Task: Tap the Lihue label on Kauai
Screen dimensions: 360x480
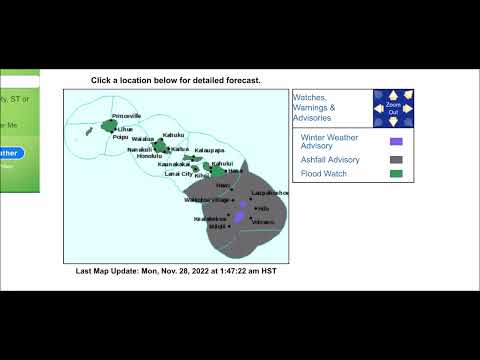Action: click(125, 129)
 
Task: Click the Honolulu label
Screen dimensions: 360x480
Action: click(148, 156)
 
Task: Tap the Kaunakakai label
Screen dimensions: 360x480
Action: click(175, 164)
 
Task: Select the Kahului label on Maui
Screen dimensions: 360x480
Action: click(222, 163)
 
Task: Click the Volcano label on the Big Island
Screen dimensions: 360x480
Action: click(263, 221)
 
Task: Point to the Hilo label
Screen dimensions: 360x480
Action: click(263, 208)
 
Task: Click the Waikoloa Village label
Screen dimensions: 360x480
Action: click(207, 199)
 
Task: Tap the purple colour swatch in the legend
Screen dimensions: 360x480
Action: click(396, 142)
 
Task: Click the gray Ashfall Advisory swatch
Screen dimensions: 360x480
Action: click(396, 159)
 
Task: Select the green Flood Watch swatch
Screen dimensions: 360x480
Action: click(396, 174)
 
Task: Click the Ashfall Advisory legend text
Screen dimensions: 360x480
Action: click(331, 159)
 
